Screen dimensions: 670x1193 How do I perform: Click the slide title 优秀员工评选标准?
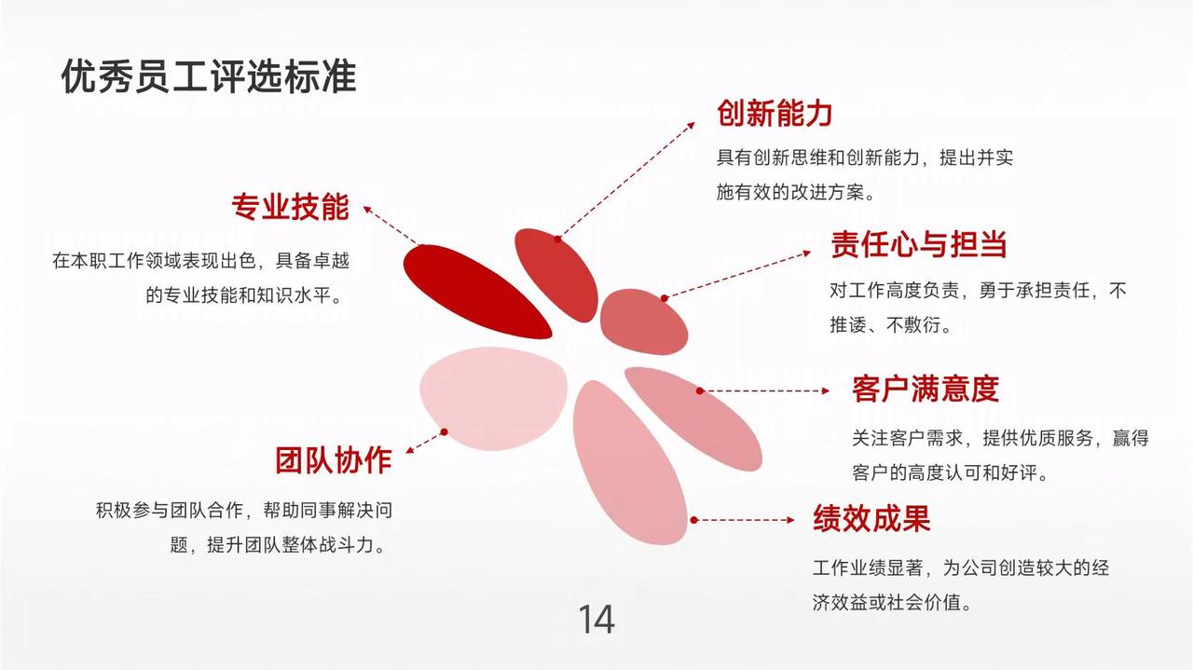(208, 76)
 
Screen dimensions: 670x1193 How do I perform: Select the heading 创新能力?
(774, 114)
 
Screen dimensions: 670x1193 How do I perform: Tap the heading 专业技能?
(290, 207)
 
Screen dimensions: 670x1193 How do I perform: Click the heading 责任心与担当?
(918, 244)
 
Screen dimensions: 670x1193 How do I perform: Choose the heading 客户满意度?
(925, 389)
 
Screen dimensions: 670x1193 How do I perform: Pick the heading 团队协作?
(333, 460)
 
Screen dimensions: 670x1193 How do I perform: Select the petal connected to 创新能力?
(556, 275)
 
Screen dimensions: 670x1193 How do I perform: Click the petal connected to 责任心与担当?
(643, 321)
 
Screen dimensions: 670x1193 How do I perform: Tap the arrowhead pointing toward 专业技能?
(367, 210)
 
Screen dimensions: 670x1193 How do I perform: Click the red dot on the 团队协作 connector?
(445, 432)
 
